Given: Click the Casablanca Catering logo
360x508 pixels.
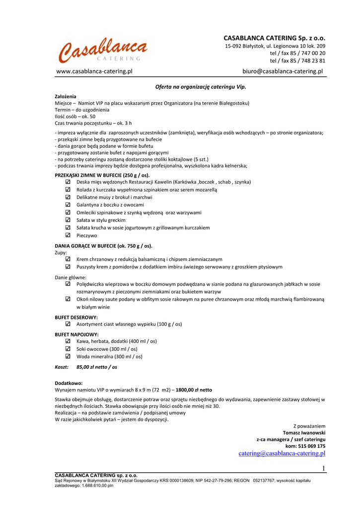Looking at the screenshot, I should click(x=103, y=51).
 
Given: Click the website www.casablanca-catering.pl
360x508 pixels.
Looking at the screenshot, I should click(x=94, y=71).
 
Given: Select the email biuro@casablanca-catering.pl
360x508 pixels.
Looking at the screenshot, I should click(x=283, y=71).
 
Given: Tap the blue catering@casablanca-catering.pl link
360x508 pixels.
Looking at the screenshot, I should click(x=282, y=453).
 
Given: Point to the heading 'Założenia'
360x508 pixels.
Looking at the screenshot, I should click(x=66, y=96).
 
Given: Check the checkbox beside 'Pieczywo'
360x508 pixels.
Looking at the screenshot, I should click(x=68, y=236).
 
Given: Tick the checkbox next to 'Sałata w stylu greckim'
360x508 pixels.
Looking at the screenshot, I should click(x=68, y=220).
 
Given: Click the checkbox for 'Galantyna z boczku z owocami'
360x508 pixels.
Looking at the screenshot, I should click(x=68, y=205).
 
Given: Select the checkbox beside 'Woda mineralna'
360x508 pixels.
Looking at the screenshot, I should click(x=68, y=356).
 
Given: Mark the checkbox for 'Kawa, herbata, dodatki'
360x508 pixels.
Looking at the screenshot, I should click(x=68, y=341).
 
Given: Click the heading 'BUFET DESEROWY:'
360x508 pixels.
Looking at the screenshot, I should click(x=76, y=317).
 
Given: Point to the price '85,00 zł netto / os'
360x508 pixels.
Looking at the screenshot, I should click(x=97, y=367).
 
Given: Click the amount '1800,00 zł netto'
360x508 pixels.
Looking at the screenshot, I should click(x=194, y=390).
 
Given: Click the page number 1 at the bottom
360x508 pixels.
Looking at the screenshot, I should click(x=323, y=469).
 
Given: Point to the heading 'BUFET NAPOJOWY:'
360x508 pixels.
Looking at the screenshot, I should click(x=76, y=334).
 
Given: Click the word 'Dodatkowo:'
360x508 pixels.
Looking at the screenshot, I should click(x=69, y=383).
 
